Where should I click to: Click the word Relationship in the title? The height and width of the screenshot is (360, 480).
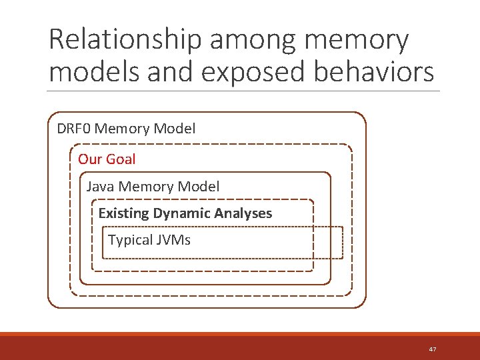124,40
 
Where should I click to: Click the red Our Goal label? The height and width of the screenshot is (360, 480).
107,159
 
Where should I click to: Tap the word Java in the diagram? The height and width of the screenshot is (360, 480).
99,187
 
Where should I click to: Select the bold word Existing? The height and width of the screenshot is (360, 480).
123,213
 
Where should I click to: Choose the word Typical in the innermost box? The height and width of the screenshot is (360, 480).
130,240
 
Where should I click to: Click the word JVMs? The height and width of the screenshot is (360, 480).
173,240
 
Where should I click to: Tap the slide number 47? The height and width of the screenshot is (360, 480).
433,349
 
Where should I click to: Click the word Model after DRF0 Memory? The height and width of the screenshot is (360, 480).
175,129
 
